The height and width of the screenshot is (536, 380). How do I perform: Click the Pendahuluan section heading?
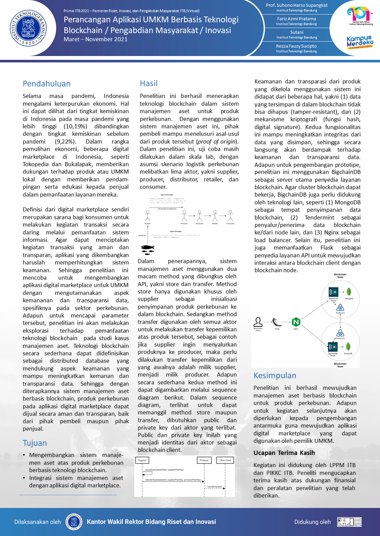pos(47,84)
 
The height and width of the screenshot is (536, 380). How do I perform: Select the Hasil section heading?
pos(149,83)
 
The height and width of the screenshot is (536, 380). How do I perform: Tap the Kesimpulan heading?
pos(275,376)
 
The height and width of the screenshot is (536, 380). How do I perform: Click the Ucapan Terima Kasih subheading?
pos(284,453)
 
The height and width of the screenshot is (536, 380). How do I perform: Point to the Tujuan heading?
pos(35,443)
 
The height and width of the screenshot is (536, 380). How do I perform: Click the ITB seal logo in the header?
pos(28,28)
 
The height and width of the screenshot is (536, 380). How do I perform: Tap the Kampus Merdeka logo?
pos(360,42)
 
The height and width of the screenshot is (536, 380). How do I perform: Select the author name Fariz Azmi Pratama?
pos(296,19)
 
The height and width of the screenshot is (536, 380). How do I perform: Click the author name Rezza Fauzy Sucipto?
pos(296,46)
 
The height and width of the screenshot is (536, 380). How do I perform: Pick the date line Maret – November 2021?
pos(95,39)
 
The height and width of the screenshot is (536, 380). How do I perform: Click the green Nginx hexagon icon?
pos(296,322)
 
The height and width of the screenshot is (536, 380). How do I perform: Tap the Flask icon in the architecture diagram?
pos(277,322)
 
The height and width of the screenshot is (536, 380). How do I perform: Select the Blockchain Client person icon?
pos(258,322)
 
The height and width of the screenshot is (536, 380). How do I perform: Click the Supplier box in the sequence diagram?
pos(142,460)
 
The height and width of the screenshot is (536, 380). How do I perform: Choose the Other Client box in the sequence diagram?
pos(225,460)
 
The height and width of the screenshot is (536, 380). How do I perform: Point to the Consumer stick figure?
pos(230,215)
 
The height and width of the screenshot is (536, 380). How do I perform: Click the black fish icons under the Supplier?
pos(148,250)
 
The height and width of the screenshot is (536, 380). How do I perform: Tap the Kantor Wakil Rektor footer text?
pos(151,522)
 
